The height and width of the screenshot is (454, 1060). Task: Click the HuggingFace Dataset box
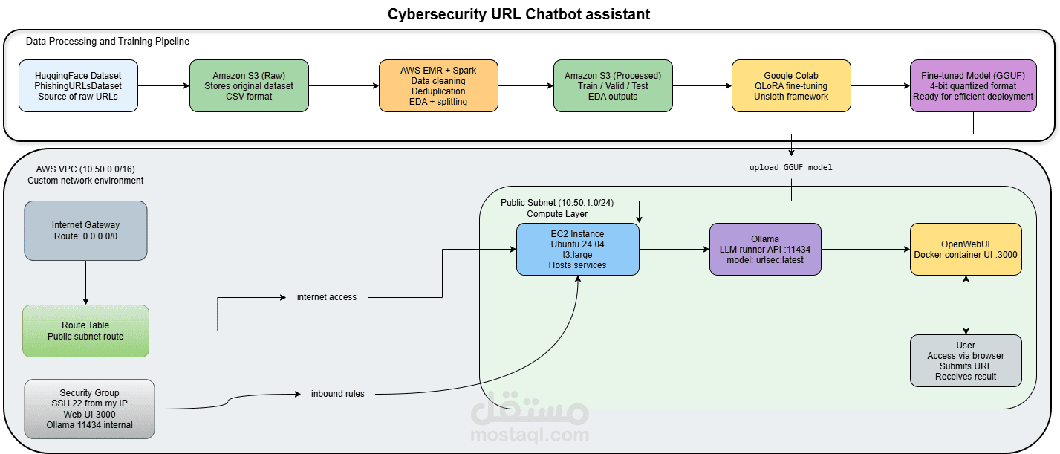[79, 85]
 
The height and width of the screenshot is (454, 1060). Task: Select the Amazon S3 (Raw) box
[249, 85]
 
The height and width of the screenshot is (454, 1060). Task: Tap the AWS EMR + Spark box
[438, 85]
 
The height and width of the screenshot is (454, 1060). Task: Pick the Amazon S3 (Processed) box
[613, 85]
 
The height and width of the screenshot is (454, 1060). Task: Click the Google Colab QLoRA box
[791, 85]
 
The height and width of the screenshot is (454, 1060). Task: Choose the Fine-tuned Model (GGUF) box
[973, 85]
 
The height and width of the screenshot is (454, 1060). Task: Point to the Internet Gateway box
[85, 230]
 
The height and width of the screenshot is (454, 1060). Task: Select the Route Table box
[85, 331]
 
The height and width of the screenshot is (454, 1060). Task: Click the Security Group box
[89, 409]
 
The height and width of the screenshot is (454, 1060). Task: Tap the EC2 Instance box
[578, 250]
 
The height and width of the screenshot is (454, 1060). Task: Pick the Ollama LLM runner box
[765, 250]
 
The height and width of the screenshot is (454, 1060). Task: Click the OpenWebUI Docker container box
[966, 250]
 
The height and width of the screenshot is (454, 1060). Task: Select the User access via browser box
[966, 360]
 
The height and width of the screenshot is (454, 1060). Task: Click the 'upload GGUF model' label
[791, 167]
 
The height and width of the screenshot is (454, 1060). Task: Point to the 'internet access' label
[327, 297]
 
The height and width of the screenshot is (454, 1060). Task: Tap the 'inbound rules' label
[338, 394]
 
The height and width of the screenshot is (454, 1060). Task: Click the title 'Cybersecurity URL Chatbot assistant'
[518, 14]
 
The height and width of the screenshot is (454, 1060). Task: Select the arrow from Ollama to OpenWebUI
[866, 250]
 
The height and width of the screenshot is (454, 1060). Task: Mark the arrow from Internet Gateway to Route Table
[85, 282]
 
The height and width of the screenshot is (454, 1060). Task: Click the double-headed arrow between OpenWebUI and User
[966, 305]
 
